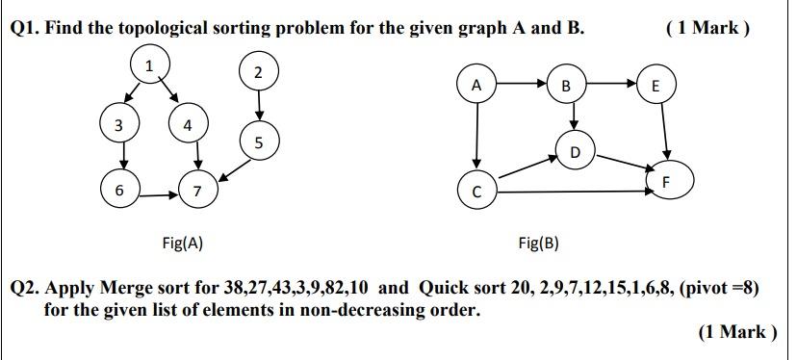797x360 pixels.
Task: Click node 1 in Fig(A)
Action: [149, 65]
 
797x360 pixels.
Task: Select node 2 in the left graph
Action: [257, 72]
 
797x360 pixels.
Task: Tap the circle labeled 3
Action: [118, 124]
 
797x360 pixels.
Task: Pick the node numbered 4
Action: [188, 124]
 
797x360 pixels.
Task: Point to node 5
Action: [258, 142]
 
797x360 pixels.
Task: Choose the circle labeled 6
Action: [119, 191]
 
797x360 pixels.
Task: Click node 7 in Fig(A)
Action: [196, 191]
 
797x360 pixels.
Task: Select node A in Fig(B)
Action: [476, 85]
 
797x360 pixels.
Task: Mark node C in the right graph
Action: [476, 191]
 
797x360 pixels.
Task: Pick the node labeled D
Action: [575, 152]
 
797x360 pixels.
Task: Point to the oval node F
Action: [670, 180]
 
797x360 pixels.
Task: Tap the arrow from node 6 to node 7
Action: [158, 193]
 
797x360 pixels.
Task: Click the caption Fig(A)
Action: [182, 243]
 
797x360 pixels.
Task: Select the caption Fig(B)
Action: [537, 243]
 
